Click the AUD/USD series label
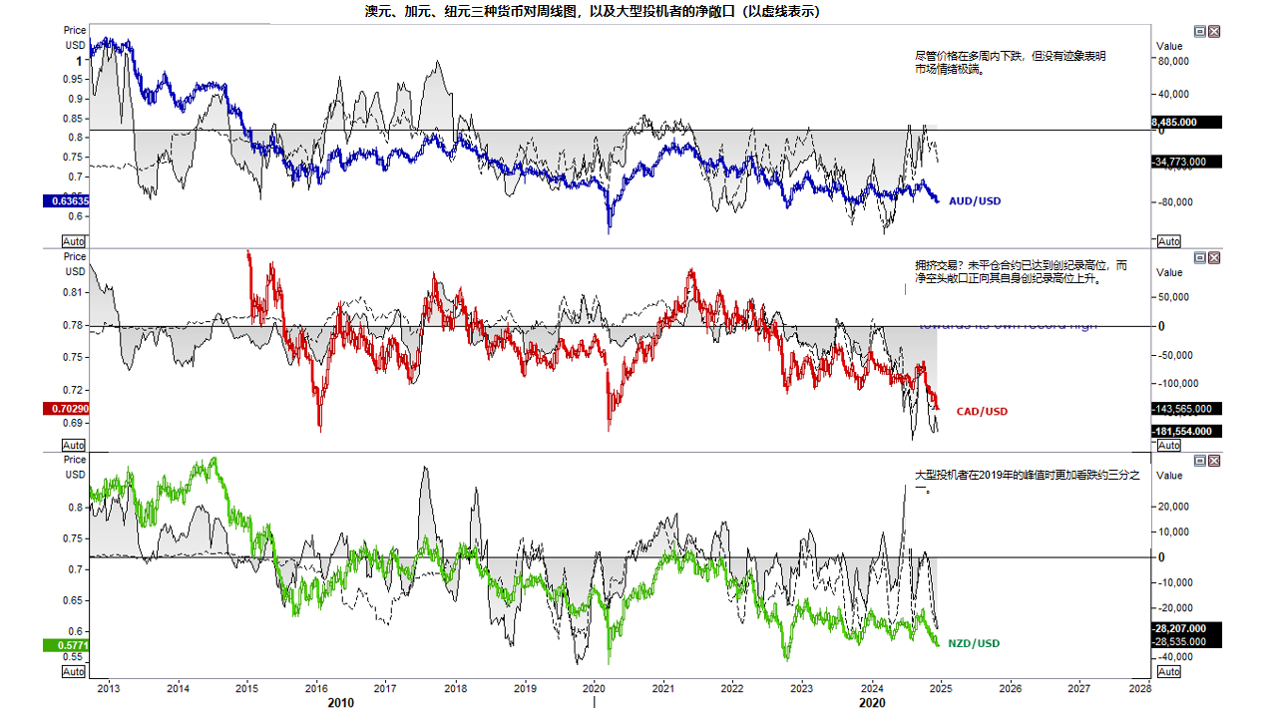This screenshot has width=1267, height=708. pos(974,201)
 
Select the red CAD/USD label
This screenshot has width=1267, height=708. pos(982,412)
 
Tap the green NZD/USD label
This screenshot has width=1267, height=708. pos(974,643)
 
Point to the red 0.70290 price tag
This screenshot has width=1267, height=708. pos(67,408)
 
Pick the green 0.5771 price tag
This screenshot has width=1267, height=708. pos(67,645)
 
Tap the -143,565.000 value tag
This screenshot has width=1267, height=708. pos(1186,409)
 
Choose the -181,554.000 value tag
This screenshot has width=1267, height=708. pos(1186,431)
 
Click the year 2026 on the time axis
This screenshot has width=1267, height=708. pos(1010,688)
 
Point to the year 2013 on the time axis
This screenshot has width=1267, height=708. pos(108,688)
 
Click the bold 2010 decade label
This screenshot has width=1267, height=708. pos(340,702)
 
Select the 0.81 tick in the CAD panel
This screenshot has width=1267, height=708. pos(74,293)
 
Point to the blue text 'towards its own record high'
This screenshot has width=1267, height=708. pos(1008,326)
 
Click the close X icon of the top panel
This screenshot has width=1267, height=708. pos(1214,32)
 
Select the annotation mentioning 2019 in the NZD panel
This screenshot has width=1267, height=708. pos(1028,482)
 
